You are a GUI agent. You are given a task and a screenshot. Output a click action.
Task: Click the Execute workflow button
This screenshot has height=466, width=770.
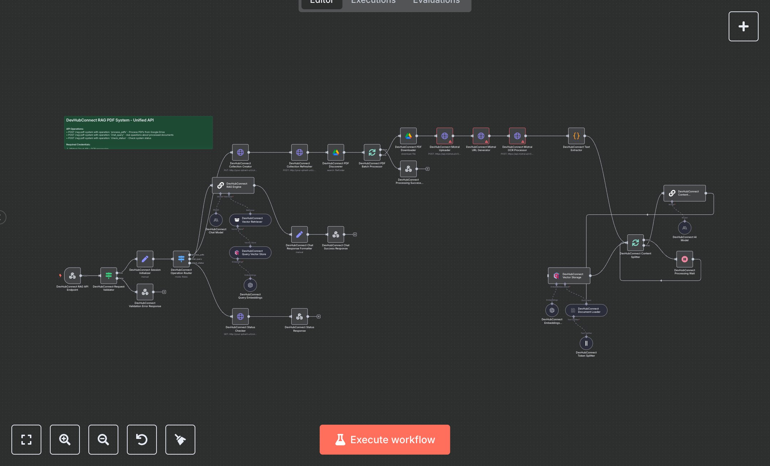[x=385, y=439]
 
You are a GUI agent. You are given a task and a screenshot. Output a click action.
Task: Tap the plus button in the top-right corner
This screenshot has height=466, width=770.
[x=743, y=26]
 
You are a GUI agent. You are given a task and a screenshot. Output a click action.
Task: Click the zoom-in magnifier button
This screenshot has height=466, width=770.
[x=65, y=439]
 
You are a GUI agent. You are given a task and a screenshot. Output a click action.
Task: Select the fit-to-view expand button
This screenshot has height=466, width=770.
[x=26, y=439]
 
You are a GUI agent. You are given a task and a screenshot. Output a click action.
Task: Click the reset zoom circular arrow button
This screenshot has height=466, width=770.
[x=142, y=439]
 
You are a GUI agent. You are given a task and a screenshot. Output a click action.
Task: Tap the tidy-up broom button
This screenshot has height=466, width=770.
[x=180, y=439]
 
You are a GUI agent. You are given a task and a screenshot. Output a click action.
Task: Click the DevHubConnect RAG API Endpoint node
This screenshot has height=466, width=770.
[x=72, y=275]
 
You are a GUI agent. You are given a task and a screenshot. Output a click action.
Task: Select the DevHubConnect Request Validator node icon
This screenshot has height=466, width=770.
[x=109, y=275]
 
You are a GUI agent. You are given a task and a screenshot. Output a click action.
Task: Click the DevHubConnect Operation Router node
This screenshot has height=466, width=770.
[x=181, y=259]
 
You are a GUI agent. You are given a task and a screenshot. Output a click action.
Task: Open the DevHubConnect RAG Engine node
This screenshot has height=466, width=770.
[x=233, y=185]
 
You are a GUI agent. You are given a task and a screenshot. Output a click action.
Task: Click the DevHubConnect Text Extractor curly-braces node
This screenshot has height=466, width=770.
[x=576, y=136]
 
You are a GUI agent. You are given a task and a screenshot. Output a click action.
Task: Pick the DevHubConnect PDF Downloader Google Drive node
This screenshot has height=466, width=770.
[x=408, y=136]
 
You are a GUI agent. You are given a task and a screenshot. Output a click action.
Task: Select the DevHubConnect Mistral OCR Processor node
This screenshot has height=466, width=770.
[x=517, y=136]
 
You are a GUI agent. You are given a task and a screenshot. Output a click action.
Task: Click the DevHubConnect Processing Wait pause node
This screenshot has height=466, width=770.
[x=684, y=259]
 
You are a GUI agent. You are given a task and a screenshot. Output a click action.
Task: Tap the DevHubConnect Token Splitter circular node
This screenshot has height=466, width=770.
[x=586, y=343]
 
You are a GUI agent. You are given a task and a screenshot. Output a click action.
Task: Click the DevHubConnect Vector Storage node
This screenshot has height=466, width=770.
[x=569, y=276]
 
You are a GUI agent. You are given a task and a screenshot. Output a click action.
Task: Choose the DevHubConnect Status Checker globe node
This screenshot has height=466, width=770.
[x=240, y=316]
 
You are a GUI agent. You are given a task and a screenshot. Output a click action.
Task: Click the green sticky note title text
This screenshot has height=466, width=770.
[x=110, y=120]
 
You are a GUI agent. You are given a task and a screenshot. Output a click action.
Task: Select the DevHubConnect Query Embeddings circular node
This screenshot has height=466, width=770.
[x=250, y=285]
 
